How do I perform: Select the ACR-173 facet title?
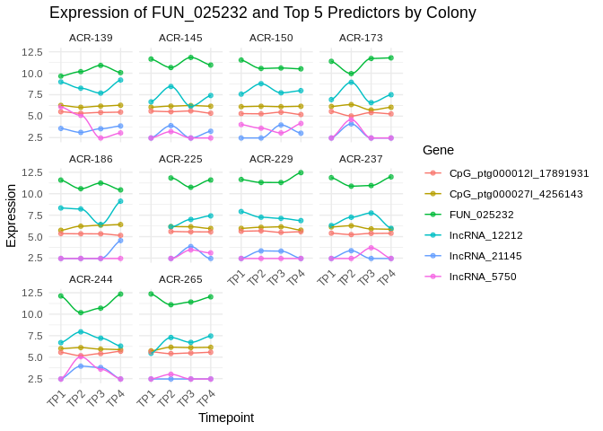[362, 38]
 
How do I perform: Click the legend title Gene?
[439, 150]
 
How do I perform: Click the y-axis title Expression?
[12, 215]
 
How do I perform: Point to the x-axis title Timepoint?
[226, 418]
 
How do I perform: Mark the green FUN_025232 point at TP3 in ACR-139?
[100, 65]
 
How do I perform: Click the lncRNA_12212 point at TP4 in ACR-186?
[120, 201]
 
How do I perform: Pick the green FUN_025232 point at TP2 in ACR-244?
[81, 312]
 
